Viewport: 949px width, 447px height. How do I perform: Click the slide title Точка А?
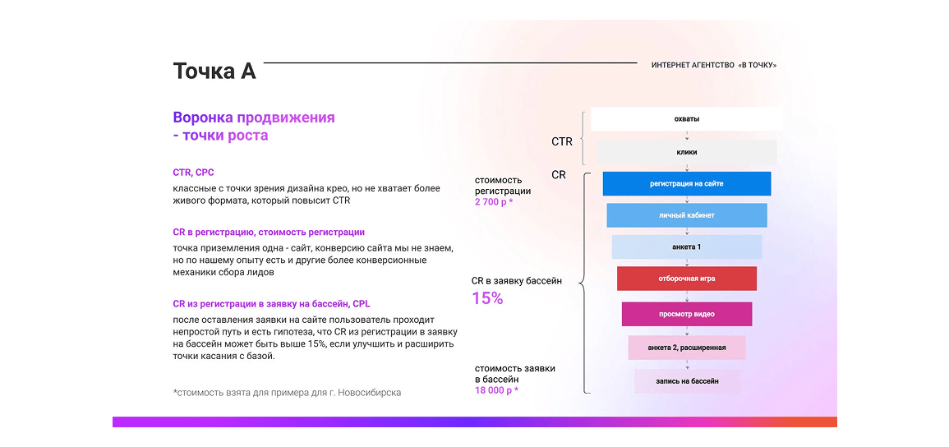pyautogui.click(x=214, y=71)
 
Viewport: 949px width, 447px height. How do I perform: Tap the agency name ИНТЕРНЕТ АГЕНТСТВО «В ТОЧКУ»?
pyautogui.click(x=713, y=65)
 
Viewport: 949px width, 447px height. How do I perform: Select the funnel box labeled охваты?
pyautogui.click(x=686, y=119)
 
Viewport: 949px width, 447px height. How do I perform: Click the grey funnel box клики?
pyautogui.click(x=686, y=153)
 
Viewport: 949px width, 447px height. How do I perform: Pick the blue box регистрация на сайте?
pyautogui.click(x=686, y=184)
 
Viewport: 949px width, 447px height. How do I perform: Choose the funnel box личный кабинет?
pyautogui.click(x=686, y=215)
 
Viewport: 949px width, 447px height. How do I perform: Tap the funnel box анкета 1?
pyautogui.click(x=686, y=247)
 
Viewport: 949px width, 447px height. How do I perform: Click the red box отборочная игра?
pyautogui.click(x=686, y=279)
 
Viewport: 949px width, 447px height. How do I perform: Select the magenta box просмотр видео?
pyautogui.click(x=686, y=314)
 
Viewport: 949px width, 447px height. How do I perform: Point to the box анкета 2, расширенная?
pyautogui.click(x=686, y=348)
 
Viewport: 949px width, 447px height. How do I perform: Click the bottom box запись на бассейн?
pyautogui.click(x=687, y=381)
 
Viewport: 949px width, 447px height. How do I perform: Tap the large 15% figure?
pyautogui.click(x=487, y=298)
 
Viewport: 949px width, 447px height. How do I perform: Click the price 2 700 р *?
pyautogui.click(x=494, y=202)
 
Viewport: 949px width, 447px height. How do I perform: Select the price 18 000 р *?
pyautogui.click(x=496, y=390)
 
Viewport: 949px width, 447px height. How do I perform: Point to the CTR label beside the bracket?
pyautogui.click(x=562, y=141)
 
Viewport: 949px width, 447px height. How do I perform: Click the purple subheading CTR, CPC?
pyautogui.click(x=194, y=173)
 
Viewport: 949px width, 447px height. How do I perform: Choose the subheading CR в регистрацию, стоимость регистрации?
pyautogui.click(x=269, y=232)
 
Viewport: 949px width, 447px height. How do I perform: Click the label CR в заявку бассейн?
pyautogui.click(x=517, y=281)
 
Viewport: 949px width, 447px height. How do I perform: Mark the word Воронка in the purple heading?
pyautogui.click(x=202, y=117)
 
